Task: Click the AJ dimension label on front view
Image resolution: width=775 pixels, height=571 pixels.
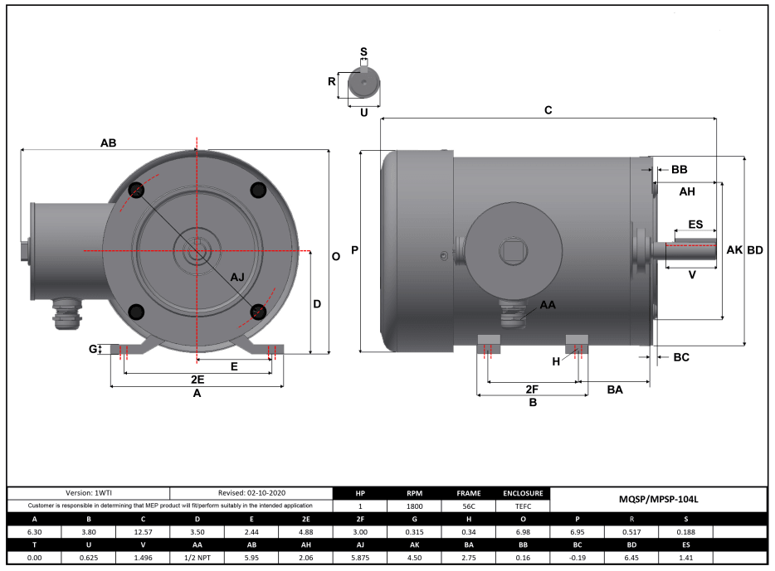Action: click(x=237, y=277)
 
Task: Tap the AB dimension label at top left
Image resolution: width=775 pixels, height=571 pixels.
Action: click(x=108, y=143)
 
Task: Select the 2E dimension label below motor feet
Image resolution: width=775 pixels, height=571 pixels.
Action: click(x=197, y=379)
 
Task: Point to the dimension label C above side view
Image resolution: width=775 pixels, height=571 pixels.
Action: click(x=548, y=110)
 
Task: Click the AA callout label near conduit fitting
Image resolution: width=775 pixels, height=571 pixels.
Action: click(x=548, y=305)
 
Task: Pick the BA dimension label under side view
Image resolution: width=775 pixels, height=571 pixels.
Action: click(x=615, y=388)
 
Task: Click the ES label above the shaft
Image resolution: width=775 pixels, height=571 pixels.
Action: click(x=695, y=225)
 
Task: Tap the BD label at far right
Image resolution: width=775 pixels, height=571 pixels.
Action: click(x=755, y=249)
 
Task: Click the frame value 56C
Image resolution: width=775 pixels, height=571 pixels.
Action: click(x=468, y=506)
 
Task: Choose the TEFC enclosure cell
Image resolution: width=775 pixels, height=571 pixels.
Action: click(x=523, y=506)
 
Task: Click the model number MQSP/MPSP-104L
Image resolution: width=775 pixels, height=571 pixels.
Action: click(x=658, y=500)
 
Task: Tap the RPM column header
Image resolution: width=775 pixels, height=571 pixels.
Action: click(x=415, y=492)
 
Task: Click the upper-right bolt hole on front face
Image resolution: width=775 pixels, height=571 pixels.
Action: click(x=257, y=189)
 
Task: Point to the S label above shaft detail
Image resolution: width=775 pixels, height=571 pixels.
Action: click(x=363, y=51)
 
